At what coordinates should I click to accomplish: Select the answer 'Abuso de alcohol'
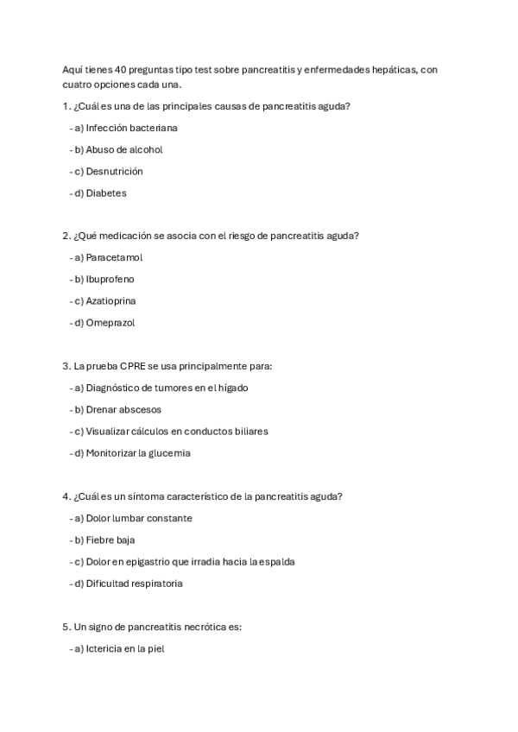point(124,149)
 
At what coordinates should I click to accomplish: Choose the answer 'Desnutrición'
point(114,171)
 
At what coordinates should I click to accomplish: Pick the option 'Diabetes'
point(106,193)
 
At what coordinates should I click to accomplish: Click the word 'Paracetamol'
point(114,257)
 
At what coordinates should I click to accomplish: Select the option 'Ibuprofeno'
point(110,280)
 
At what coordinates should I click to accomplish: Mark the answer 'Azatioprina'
point(111,301)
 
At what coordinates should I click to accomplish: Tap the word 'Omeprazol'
point(111,323)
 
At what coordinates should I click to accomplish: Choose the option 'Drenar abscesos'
point(123,409)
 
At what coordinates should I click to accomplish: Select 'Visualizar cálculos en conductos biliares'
point(177,431)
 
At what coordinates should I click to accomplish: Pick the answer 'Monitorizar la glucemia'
point(138,453)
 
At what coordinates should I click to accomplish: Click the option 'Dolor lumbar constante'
point(139,518)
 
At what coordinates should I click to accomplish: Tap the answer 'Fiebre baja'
point(111,540)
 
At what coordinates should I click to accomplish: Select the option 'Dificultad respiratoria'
point(134,584)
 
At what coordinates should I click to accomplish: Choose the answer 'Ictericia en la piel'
point(124,648)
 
